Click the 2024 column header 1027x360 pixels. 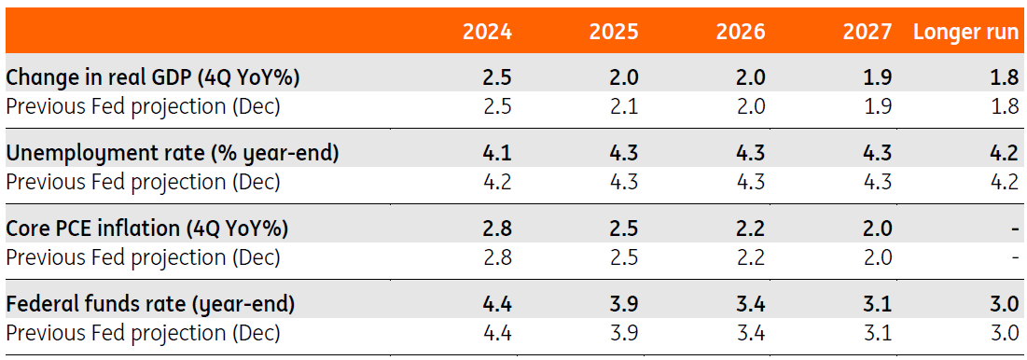coord(487,33)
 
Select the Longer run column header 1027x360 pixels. coord(966,33)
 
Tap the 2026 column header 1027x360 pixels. coord(741,33)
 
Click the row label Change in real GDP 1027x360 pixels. coord(152,78)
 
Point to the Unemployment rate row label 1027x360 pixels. coord(173,154)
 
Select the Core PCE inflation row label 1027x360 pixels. coord(147,229)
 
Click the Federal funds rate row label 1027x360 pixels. coord(150,306)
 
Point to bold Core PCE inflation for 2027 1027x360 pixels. coord(877,229)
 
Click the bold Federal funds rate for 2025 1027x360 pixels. coord(622,306)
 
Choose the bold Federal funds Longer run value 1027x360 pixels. coord(1004,306)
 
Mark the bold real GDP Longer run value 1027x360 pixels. coord(1004,78)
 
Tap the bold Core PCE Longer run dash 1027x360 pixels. coord(1015,230)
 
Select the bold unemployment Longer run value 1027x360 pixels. coord(1004,154)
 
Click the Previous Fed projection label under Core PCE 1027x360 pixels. coord(143,258)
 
